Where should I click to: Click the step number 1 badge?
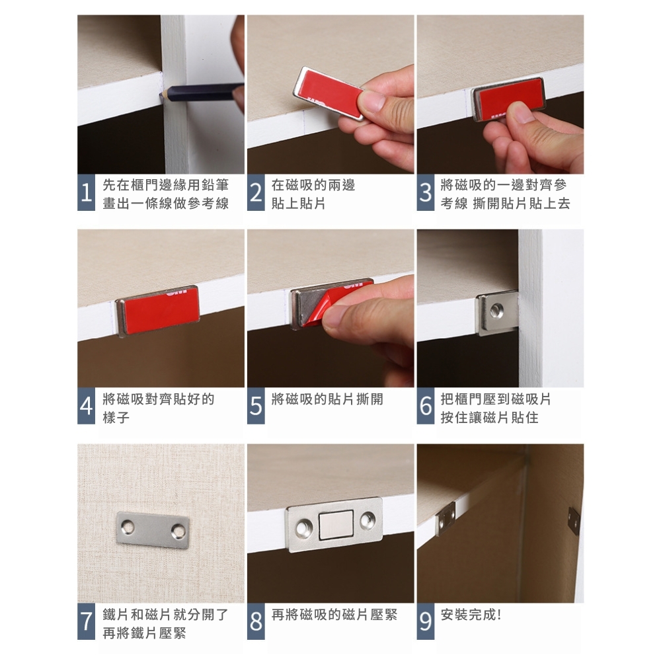[87, 192]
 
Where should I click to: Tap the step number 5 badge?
[256, 406]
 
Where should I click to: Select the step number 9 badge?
[425, 621]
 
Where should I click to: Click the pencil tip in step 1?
[163, 95]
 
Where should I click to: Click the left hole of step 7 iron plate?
[128, 526]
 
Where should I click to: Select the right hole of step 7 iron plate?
[177, 532]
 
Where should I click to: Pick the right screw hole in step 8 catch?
[367, 521]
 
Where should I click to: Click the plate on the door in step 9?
[574, 521]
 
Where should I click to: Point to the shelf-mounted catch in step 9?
[446, 518]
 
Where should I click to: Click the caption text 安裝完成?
[471, 615]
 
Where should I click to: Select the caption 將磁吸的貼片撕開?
[327, 399]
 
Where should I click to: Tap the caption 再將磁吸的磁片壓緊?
[334, 615]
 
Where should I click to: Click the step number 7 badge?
[87, 621]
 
